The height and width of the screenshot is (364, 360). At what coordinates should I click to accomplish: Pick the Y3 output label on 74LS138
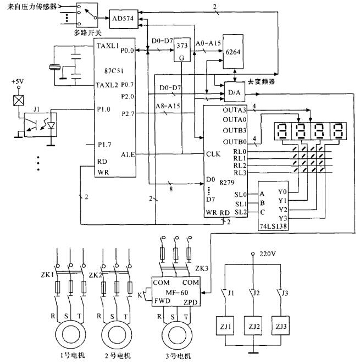tap(284, 218)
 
